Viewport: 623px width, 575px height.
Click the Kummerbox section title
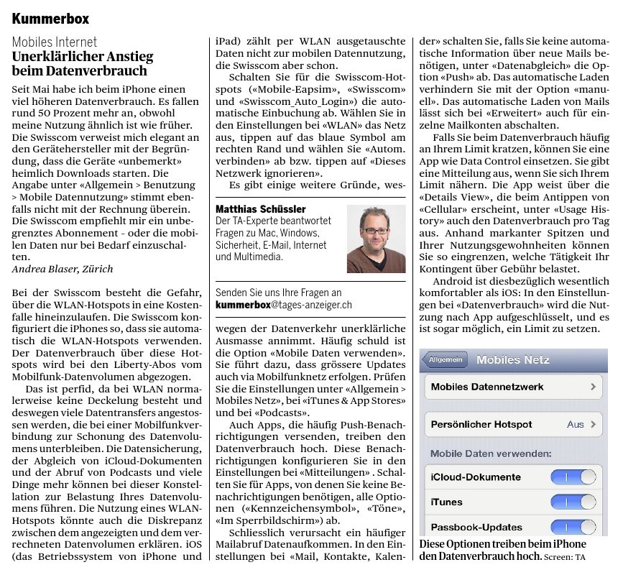tap(50, 17)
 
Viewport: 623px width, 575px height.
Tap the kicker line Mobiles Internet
tap(55, 42)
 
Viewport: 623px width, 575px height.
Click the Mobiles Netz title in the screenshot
tap(512, 360)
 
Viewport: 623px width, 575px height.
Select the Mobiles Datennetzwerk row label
tap(487, 387)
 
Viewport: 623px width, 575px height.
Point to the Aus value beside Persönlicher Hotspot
tap(575, 424)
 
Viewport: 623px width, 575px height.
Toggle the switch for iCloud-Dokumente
tap(573, 477)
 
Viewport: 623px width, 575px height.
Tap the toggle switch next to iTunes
tap(573, 502)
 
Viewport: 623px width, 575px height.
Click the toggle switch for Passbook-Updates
tap(573, 527)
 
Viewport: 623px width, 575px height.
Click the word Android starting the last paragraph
tap(453, 282)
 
